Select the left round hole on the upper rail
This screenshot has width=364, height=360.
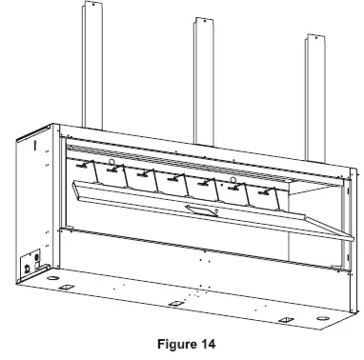112,164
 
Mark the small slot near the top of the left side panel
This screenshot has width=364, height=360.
35,145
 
